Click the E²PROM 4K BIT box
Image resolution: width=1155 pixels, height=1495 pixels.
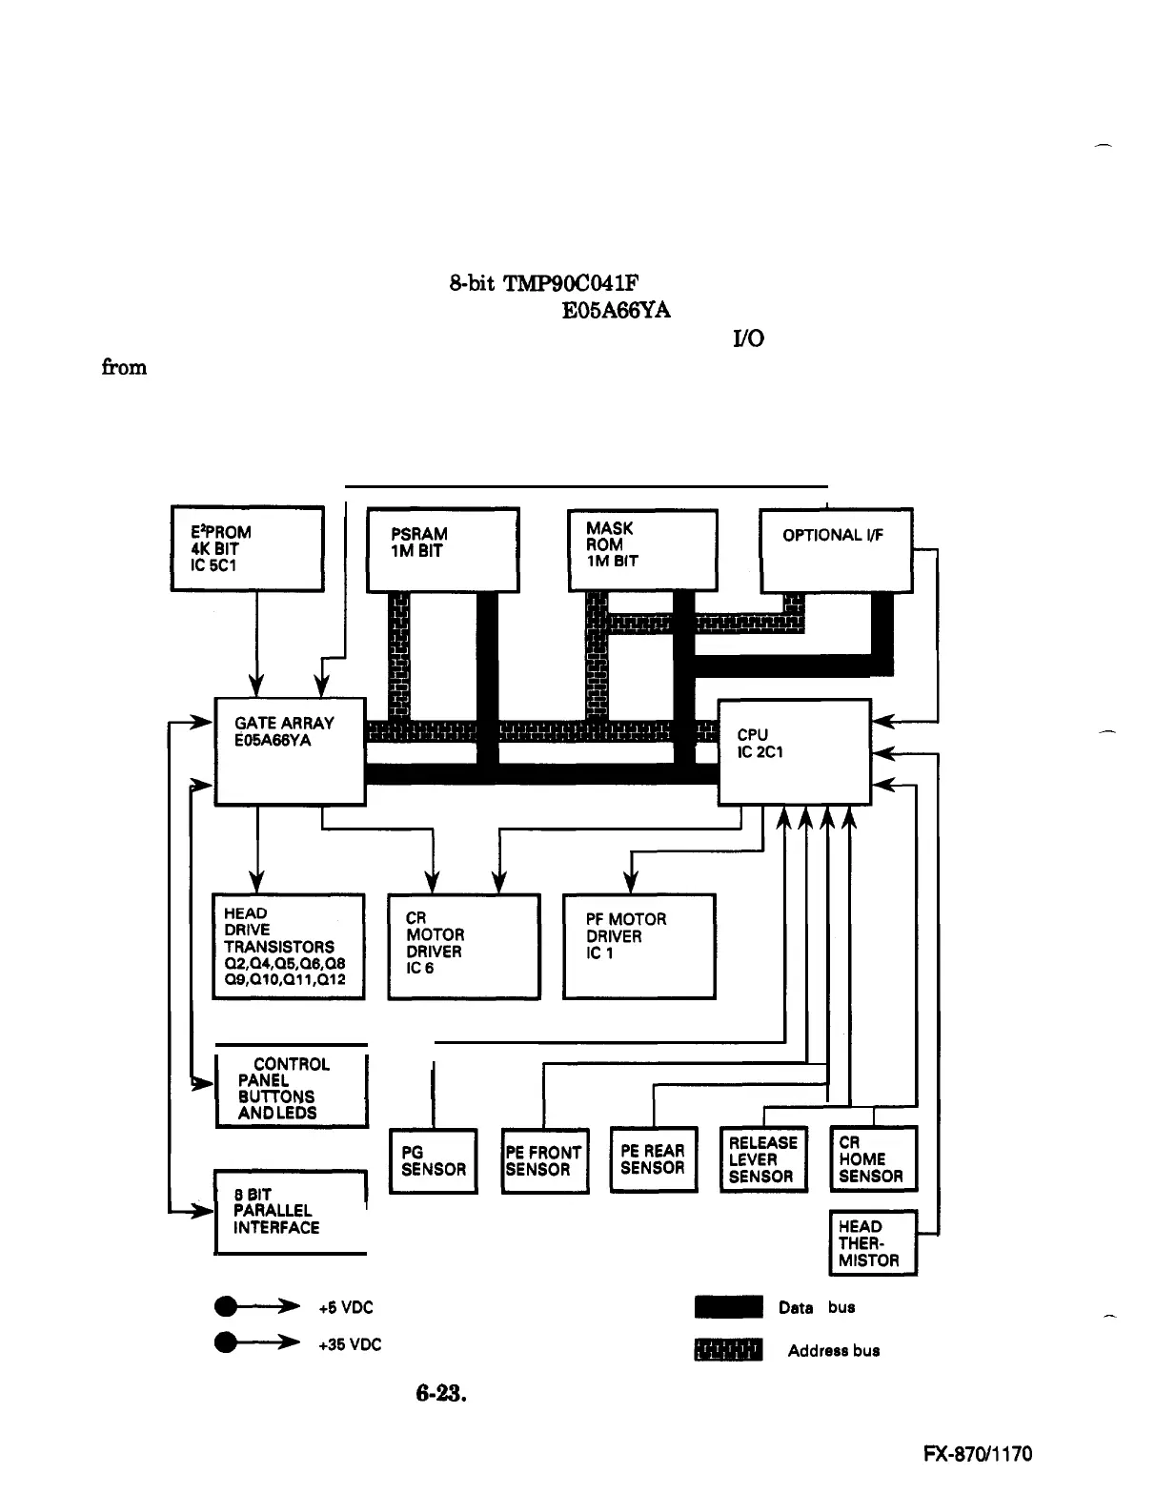point(248,548)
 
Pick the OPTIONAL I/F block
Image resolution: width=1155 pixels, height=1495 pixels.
point(836,550)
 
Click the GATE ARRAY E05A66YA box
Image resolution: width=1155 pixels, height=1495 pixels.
point(290,751)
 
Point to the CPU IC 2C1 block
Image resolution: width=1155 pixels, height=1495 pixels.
point(794,751)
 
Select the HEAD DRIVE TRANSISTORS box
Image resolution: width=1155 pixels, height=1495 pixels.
point(288,946)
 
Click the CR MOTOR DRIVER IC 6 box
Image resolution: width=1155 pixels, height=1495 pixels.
point(464,946)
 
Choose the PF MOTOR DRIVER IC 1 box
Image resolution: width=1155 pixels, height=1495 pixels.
point(638,946)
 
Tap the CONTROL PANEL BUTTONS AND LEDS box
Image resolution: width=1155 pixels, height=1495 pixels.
point(291,1087)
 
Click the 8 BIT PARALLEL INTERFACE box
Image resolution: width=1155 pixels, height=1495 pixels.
point(290,1211)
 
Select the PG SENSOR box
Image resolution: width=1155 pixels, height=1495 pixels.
point(434,1160)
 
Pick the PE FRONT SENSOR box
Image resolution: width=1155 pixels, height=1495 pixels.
point(544,1160)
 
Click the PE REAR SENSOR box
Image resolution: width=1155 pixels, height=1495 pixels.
point(653,1158)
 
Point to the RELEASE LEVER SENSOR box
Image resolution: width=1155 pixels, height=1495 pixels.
point(763,1158)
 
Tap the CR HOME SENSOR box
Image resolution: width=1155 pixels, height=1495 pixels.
point(873,1158)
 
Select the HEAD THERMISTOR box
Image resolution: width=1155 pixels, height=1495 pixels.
point(872,1242)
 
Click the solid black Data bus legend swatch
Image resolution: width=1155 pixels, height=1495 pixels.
point(728,1307)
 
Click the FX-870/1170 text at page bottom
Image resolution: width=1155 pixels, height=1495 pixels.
point(978,1455)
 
